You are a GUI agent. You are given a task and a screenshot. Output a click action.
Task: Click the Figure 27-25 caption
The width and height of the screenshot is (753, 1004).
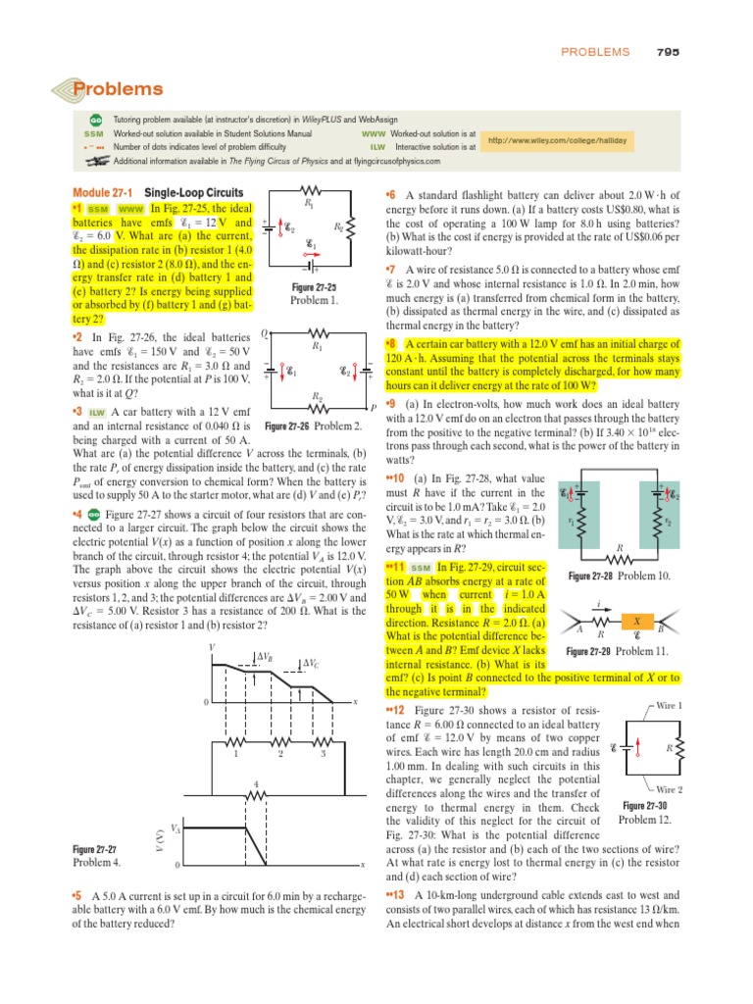pyautogui.click(x=314, y=287)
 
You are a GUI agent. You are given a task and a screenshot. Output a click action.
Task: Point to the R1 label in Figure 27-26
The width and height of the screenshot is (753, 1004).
pyautogui.click(x=316, y=345)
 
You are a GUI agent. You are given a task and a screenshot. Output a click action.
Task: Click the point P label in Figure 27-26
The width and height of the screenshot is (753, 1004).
pyautogui.click(x=373, y=407)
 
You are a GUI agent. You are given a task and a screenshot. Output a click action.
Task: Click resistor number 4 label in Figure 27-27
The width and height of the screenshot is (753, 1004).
pyautogui.click(x=256, y=783)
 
